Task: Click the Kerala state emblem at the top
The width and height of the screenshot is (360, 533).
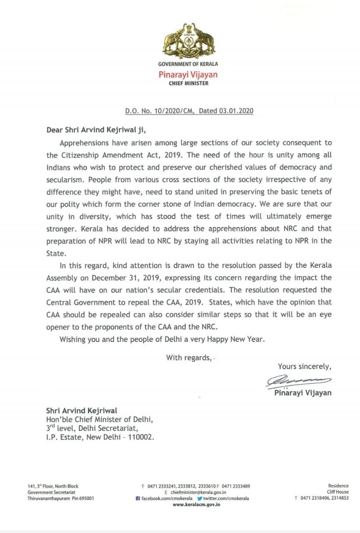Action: click(188, 41)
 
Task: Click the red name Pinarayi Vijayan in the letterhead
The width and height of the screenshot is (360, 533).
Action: click(188, 75)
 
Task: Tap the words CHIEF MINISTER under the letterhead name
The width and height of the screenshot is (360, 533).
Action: click(188, 83)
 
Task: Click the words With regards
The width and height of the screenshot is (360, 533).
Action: click(189, 357)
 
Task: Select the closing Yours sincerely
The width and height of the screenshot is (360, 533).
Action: click(305, 367)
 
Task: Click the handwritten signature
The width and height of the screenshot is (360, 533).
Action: click(298, 380)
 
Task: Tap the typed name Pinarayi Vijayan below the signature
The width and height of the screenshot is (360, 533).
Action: click(303, 393)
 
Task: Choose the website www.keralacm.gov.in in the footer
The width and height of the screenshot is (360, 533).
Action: click(196, 505)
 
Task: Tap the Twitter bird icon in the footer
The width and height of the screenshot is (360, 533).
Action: click(200, 498)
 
